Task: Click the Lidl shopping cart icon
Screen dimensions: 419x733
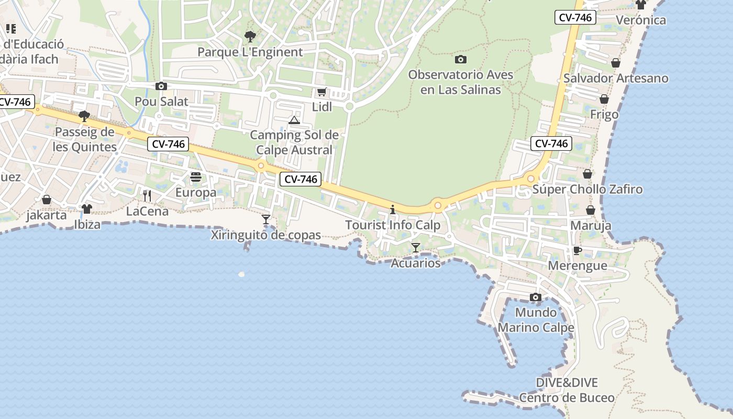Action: (321, 92)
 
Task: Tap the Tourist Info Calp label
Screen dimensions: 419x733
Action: (393, 225)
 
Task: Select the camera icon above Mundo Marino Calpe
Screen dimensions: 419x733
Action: (535, 297)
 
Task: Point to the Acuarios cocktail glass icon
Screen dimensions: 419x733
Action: (415, 247)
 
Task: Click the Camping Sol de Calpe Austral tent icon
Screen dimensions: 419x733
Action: (294, 120)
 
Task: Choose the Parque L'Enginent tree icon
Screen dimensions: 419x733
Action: (250, 37)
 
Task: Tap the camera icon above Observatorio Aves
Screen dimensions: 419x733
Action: (461, 60)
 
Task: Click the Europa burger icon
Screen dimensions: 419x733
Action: (196, 177)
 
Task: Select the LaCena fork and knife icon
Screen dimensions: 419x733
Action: (147, 196)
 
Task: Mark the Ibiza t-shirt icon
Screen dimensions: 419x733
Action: (87, 208)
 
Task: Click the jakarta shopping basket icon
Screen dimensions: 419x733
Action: (47, 200)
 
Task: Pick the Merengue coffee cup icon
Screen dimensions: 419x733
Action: (577, 250)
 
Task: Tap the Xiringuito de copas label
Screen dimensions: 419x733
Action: (265, 235)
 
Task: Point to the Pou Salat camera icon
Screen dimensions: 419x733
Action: (161, 86)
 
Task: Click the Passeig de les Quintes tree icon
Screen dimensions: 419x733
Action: (84, 116)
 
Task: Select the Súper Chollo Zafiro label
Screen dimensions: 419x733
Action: (587, 189)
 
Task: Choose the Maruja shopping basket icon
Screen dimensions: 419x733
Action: (591, 211)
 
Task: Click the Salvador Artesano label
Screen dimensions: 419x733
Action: (616, 79)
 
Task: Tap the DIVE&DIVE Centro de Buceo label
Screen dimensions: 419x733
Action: (567, 390)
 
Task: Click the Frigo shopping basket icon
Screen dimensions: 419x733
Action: (604, 99)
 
